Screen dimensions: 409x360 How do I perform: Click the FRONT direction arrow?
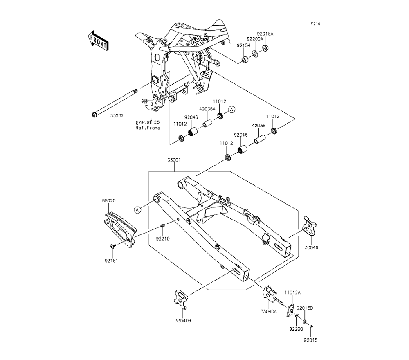tap(98, 40)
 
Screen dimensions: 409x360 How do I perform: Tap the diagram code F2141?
tap(316, 24)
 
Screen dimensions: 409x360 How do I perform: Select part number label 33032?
tap(117, 115)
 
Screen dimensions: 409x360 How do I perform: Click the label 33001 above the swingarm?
tap(174, 160)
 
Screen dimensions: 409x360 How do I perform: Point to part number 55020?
tap(108, 201)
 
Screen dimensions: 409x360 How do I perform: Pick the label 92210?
tap(163, 239)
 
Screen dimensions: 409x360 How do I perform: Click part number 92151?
tap(111, 261)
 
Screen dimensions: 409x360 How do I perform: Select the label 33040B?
tap(183, 321)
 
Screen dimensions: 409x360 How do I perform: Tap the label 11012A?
tap(292, 293)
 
